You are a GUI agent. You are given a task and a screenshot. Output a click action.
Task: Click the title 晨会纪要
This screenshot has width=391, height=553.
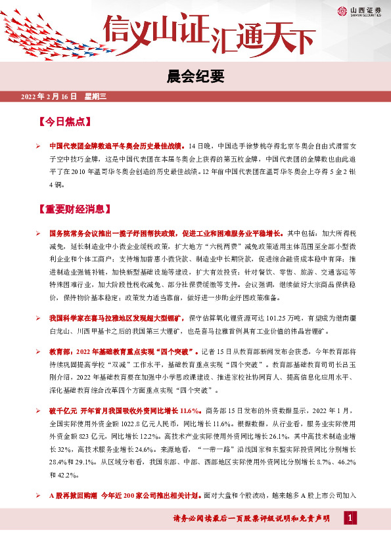195,76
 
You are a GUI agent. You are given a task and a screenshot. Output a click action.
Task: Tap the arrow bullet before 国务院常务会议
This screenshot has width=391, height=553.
39,233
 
